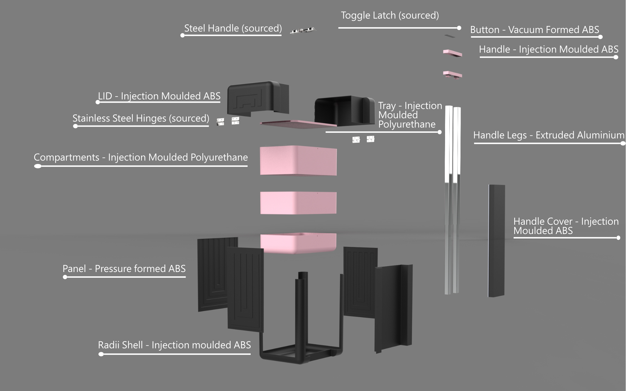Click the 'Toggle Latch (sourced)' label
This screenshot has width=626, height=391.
[x=390, y=15]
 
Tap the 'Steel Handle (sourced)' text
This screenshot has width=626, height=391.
[x=233, y=28]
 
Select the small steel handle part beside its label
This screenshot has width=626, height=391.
[x=303, y=30]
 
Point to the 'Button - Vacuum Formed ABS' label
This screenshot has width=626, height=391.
[x=534, y=30]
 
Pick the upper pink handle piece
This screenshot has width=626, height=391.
[x=452, y=53]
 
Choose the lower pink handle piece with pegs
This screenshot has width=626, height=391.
[x=452, y=74]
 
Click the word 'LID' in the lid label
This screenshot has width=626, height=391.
[x=105, y=96]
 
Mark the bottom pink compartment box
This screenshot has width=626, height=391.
[x=298, y=243]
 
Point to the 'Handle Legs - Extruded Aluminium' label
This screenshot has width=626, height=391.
[x=549, y=135]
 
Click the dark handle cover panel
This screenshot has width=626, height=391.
[x=496, y=241]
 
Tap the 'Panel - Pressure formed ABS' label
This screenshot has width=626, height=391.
[x=124, y=269]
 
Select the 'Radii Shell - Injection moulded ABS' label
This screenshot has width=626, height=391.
[x=174, y=345]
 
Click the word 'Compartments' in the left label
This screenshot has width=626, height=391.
[x=67, y=158]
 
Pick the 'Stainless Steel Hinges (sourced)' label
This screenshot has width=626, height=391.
[x=141, y=118]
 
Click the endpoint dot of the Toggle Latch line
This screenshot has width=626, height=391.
[x=459, y=28]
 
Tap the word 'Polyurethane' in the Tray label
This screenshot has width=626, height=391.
[x=407, y=125]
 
